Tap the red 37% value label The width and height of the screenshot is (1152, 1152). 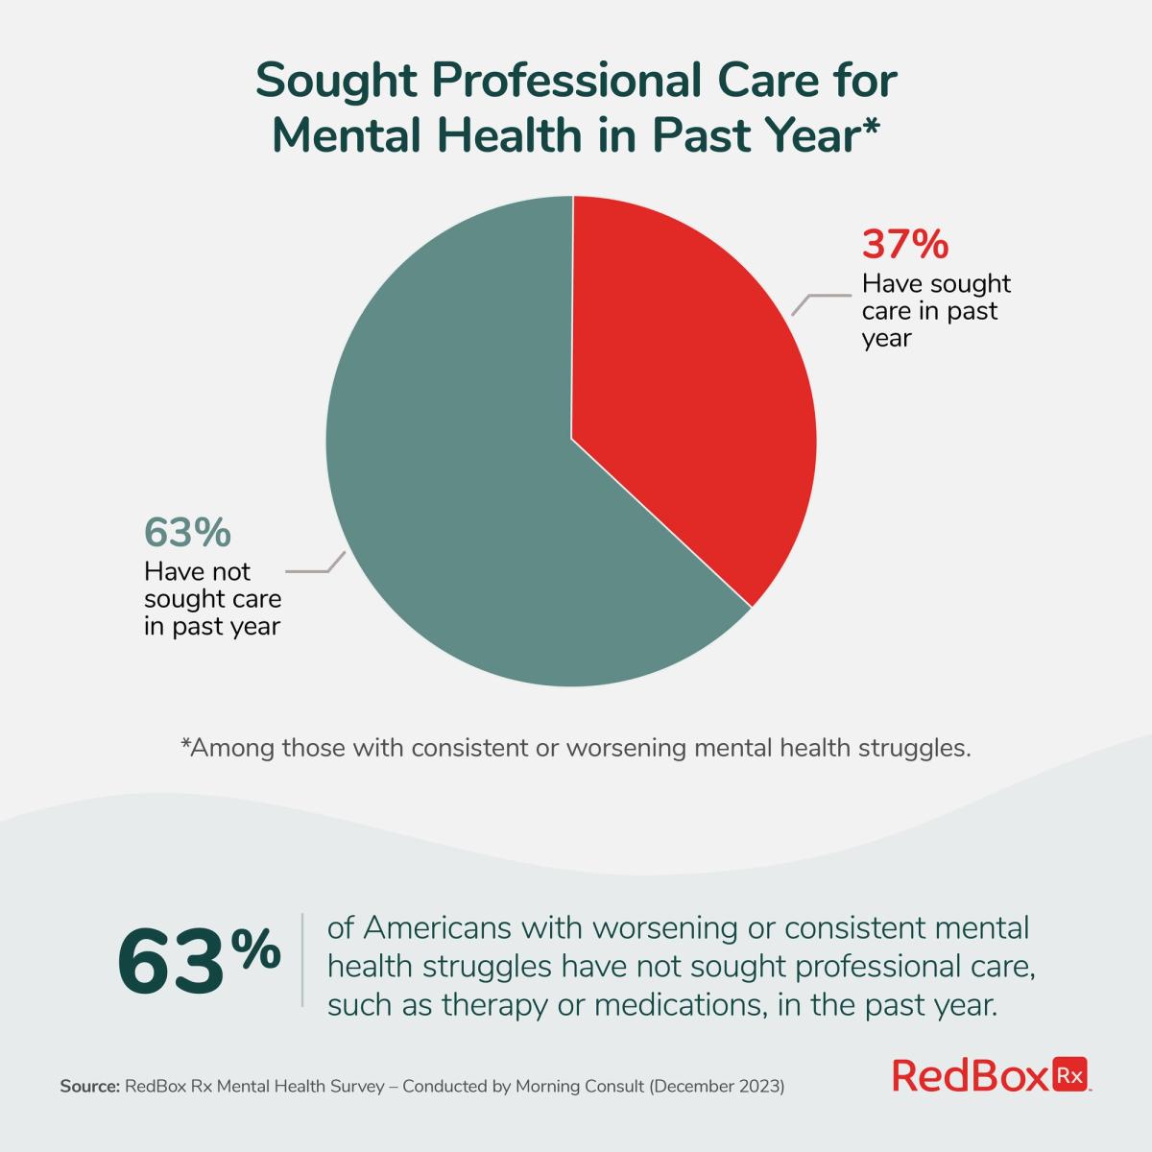click(x=904, y=245)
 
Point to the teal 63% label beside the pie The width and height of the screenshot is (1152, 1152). click(x=187, y=532)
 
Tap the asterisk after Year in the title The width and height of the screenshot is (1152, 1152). click(x=867, y=127)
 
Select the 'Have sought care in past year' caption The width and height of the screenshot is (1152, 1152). click(x=936, y=311)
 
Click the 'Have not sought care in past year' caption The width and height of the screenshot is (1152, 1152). click(x=212, y=599)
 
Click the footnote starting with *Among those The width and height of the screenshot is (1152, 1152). click(x=576, y=748)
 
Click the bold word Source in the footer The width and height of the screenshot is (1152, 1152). click(x=89, y=1087)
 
